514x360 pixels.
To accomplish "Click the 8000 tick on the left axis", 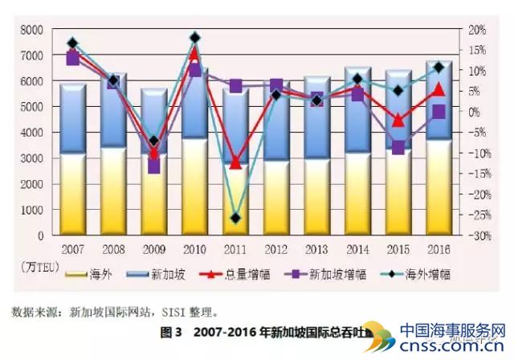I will [x=31, y=30].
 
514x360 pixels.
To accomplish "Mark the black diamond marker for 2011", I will [x=235, y=218].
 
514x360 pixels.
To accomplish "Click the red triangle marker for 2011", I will [x=235, y=163].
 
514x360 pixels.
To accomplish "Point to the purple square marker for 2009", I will [x=154, y=167].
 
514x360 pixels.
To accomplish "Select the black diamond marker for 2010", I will [x=195, y=38].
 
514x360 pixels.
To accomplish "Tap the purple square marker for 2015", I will [x=398, y=147].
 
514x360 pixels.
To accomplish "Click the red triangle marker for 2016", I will [x=439, y=90].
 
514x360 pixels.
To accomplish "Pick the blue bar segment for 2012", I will [x=276, y=121].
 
